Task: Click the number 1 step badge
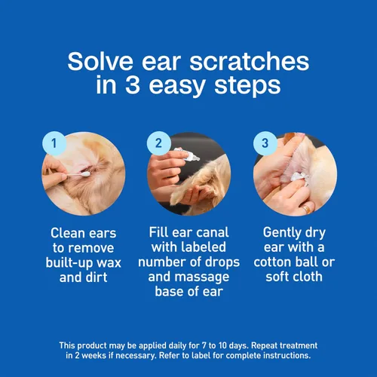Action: [x=54, y=143]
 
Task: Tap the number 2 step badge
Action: [x=159, y=143]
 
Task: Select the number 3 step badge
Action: [x=265, y=143]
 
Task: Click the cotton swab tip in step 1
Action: [x=86, y=174]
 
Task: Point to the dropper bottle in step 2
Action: [x=187, y=154]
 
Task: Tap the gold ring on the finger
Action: [x=307, y=209]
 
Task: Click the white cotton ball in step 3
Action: [x=300, y=178]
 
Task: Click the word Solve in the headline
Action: [x=100, y=61]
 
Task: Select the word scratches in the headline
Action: [x=250, y=61]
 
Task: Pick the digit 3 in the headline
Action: [x=133, y=85]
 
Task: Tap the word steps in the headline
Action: [x=247, y=86]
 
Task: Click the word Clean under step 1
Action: [x=67, y=233]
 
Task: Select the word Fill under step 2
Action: [x=159, y=232]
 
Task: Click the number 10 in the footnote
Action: [x=222, y=345]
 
